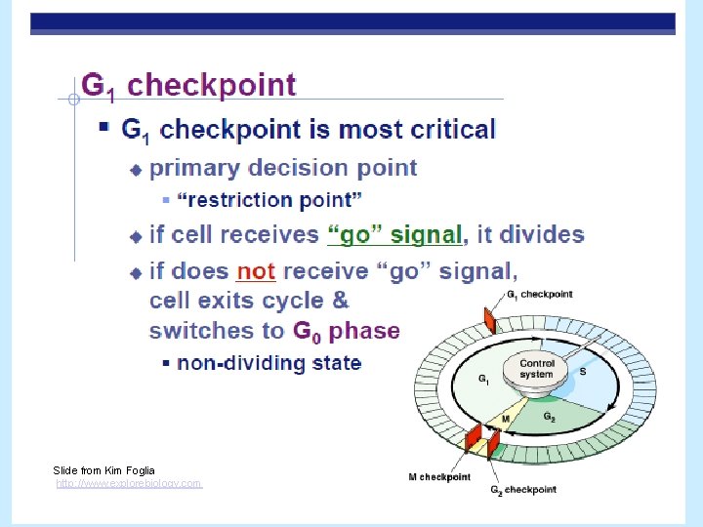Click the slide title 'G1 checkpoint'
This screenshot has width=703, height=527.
[188, 86]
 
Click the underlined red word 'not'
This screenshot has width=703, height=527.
[256, 271]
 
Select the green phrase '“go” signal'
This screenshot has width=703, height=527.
[394, 235]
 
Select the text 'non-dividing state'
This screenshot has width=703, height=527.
[269, 363]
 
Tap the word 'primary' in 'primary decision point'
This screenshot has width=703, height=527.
[194, 168]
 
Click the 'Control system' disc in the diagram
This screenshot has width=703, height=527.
[536, 371]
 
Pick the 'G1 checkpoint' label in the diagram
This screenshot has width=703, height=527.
[539, 294]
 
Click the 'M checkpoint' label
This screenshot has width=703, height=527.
[439, 477]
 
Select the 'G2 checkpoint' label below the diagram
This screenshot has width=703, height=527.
[523, 490]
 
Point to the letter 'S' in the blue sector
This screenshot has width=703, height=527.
[583, 372]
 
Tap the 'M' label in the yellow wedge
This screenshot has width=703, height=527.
[505, 420]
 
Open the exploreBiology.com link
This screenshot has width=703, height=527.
[129, 483]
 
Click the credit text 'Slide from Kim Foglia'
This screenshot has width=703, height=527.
[103, 470]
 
